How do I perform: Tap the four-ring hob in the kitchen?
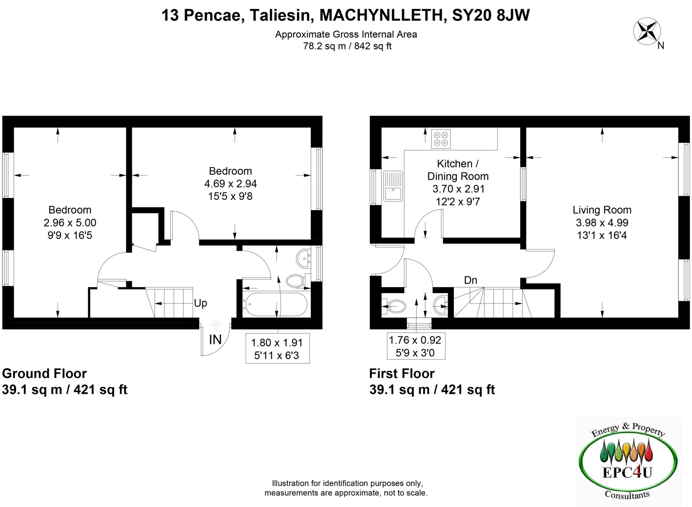point(441,138)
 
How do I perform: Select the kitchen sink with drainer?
point(393,186)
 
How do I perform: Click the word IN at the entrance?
point(215,339)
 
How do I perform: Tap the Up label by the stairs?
point(200,303)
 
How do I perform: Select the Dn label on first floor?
point(470,280)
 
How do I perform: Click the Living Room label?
point(602,210)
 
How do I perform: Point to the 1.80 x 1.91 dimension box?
point(277,349)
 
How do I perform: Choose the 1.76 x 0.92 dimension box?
point(416,346)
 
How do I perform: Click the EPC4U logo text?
point(627,472)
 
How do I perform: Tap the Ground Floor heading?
point(44,374)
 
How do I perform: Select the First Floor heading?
point(402,374)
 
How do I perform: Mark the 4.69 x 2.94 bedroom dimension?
point(230,184)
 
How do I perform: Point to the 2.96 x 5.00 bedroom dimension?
point(70,223)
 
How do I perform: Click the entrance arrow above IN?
point(215,326)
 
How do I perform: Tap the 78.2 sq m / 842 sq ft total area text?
point(347,46)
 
